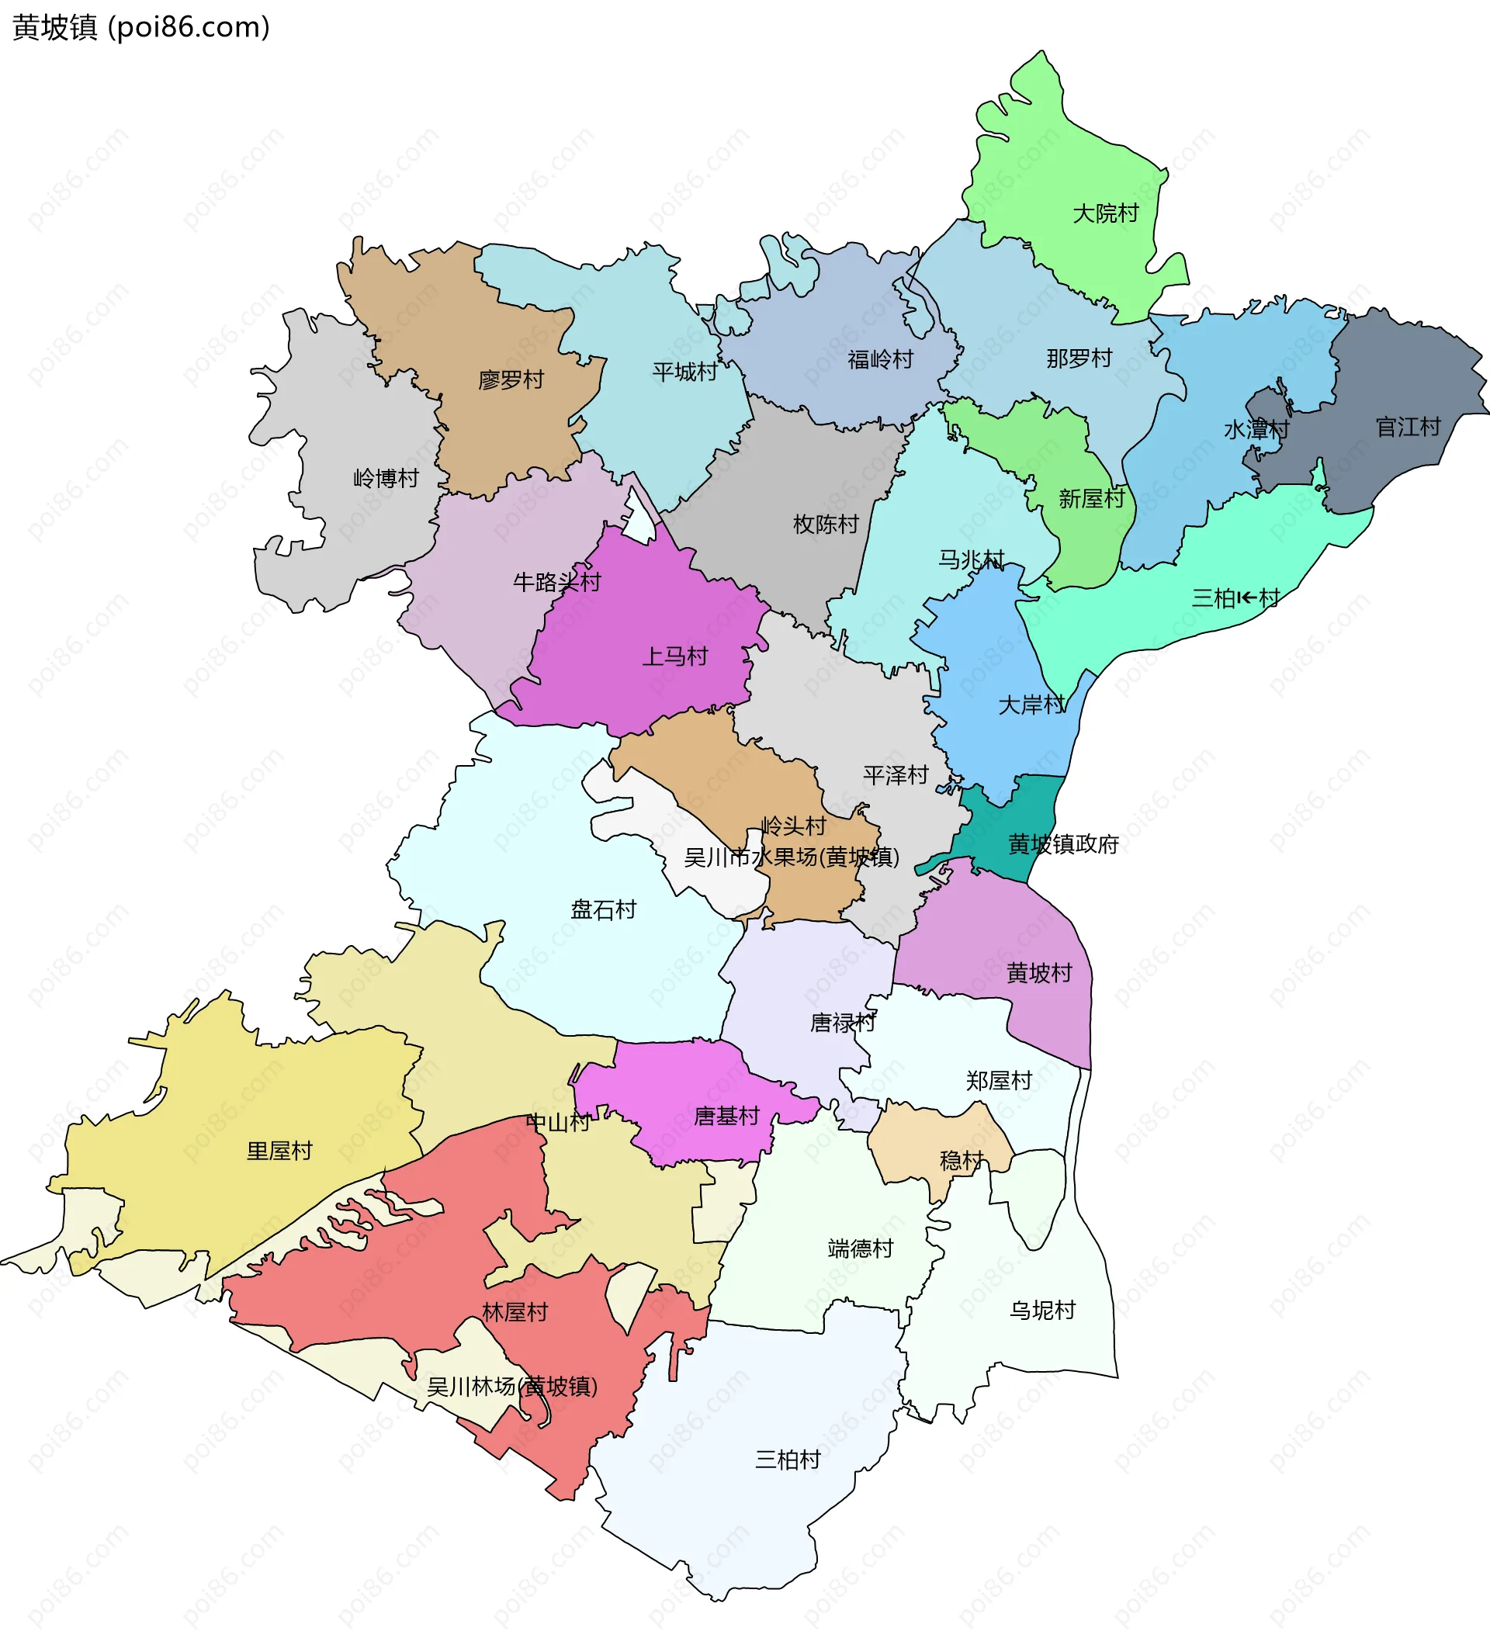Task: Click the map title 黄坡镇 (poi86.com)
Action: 140,28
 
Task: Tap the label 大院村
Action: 1105,213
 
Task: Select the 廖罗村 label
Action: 511,380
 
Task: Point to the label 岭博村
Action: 386,478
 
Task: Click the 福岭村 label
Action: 880,359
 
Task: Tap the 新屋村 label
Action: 1091,498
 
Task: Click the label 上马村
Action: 674,656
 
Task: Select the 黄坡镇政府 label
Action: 1062,844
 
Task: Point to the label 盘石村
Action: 603,909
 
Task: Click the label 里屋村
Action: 279,1151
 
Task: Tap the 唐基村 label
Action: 726,1116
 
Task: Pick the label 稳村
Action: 962,1160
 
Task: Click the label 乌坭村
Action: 1041,1311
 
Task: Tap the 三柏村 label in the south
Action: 787,1460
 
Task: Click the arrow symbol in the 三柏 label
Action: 1247,598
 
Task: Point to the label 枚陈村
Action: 825,524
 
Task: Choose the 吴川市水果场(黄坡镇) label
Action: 792,857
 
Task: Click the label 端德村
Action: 860,1249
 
